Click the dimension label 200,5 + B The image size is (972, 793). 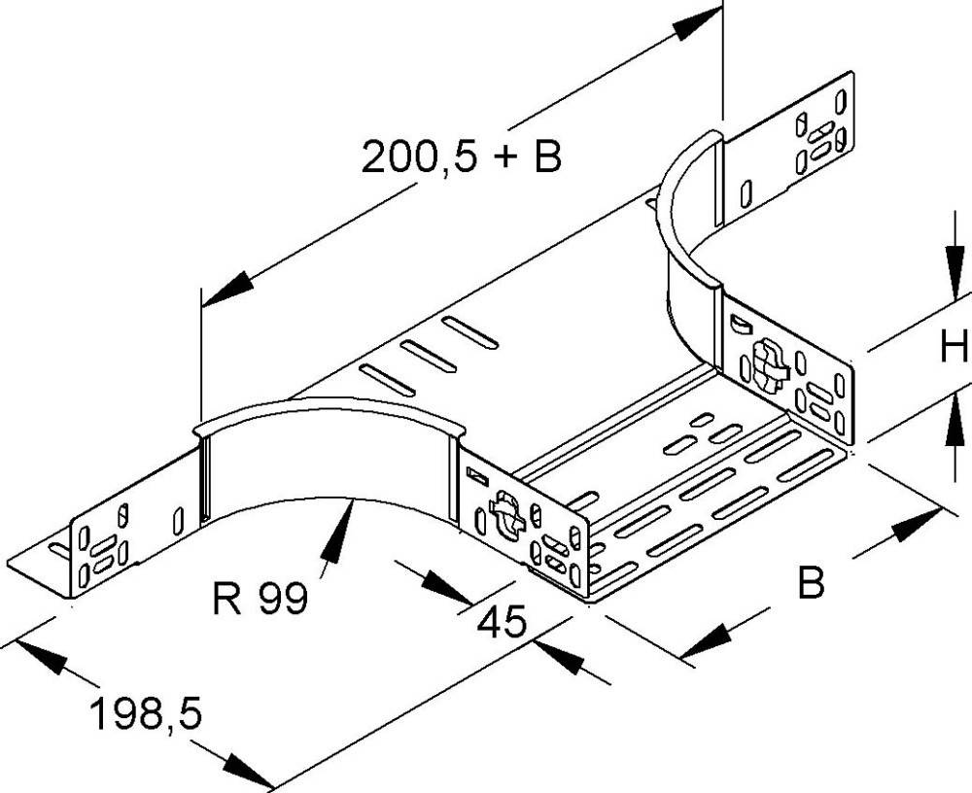point(462,156)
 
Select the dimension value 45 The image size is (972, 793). point(502,620)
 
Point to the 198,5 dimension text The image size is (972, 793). point(145,714)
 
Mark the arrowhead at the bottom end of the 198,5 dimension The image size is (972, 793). point(247,773)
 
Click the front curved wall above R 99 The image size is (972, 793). point(330,447)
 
